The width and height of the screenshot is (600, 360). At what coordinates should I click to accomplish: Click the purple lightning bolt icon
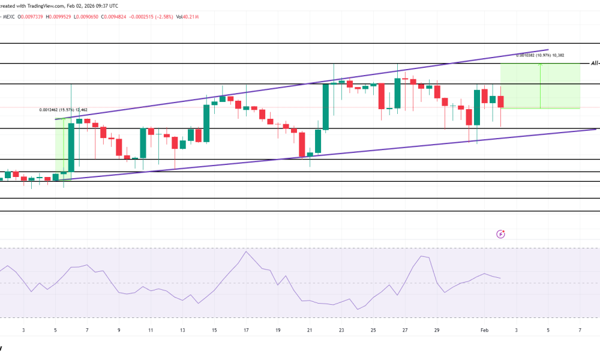click(x=501, y=234)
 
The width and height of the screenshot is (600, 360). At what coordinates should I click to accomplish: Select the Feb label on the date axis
click(x=484, y=331)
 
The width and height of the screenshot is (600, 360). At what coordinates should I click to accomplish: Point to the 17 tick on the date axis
click(x=246, y=331)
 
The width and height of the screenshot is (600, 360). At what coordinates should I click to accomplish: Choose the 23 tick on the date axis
click(x=341, y=331)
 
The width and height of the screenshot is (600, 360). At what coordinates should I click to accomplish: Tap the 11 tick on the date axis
click(x=151, y=331)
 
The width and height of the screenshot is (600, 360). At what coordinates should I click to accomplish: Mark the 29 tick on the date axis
click(x=437, y=331)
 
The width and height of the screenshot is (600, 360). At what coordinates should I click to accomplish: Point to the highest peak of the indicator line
click(x=246, y=251)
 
